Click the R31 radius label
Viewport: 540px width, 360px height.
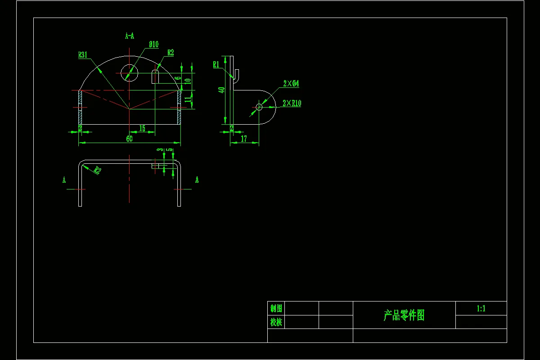click(83, 55)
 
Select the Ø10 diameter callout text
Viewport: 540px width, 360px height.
click(153, 45)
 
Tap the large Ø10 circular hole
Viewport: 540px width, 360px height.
click(129, 72)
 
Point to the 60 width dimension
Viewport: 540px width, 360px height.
click(129, 139)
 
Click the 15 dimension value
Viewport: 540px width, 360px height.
click(142, 129)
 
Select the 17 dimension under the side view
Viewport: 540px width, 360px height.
click(244, 139)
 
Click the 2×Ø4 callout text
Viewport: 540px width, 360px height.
click(291, 84)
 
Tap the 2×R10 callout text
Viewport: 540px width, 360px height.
click(292, 103)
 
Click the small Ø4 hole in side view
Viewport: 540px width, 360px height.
click(259, 107)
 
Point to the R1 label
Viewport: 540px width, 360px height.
click(216, 65)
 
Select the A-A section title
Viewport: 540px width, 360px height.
click(130, 36)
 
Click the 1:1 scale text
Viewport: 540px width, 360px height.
click(481, 309)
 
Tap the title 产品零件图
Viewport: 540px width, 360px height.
click(404, 315)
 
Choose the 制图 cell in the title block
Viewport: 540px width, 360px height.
click(276, 309)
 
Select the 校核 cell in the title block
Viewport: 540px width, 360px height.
click(276, 322)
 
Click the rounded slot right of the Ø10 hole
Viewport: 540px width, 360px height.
click(155, 76)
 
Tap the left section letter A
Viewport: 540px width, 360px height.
click(64, 180)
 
